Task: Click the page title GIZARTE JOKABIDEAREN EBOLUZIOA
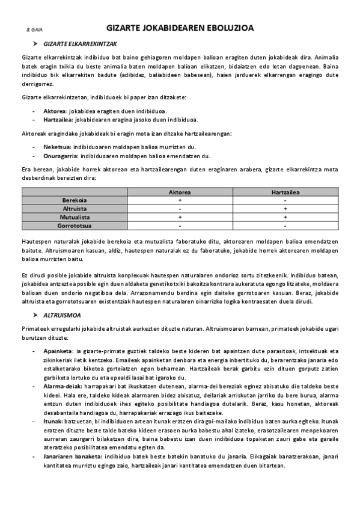(180, 28)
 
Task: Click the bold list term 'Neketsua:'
(57, 146)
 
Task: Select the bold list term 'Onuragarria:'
(61, 155)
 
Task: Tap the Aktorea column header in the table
(180, 192)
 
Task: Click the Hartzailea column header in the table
(285, 192)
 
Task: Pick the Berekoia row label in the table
(75, 200)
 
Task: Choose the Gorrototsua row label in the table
(75, 225)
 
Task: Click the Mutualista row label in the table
(75, 217)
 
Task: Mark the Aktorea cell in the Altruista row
(180, 208)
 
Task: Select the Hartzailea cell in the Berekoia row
(285, 200)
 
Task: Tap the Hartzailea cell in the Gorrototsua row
(285, 225)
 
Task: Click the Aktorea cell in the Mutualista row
(180, 217)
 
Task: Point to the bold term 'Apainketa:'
(58, 351)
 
